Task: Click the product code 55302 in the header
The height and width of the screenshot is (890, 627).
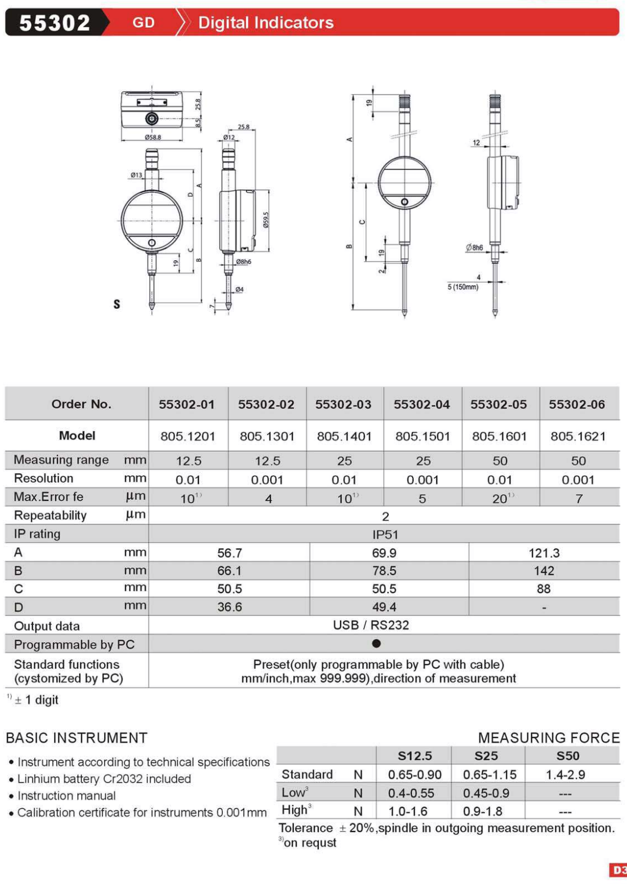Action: tap(55, 23)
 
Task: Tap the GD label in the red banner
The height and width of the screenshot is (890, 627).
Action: tap(143, 23)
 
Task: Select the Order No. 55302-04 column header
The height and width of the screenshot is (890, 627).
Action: tap(422, 404)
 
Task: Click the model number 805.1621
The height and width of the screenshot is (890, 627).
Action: tap(578, 436)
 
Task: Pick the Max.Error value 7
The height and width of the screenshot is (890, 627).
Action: tap(579, 499)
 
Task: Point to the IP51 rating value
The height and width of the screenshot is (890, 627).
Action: tap(385, 535)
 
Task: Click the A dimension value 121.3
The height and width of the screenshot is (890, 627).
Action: tap(544, 553)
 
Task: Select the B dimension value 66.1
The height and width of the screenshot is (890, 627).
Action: tap(229, 571)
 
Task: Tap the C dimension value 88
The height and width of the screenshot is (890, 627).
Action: tap(544, 589)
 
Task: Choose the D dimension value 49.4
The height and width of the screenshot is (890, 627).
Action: tap(384, 607)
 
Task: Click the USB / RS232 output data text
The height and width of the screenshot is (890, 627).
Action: tap(371, 625)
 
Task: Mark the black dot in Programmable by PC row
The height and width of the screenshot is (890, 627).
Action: tap(376, 644)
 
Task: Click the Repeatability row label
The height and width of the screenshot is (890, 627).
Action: tap(50, 515)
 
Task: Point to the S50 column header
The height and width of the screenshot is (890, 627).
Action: tap(567, 756)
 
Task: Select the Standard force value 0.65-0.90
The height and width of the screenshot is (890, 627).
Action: tap(414, 775)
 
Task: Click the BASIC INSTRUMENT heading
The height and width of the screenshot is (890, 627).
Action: tap(76, 738)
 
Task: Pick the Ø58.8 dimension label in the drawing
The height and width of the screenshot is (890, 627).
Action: tap(152, 137)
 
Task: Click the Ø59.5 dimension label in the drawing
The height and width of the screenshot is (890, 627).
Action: tap(265, 220)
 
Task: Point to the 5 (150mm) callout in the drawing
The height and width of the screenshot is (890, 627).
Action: tap(463, 287)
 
